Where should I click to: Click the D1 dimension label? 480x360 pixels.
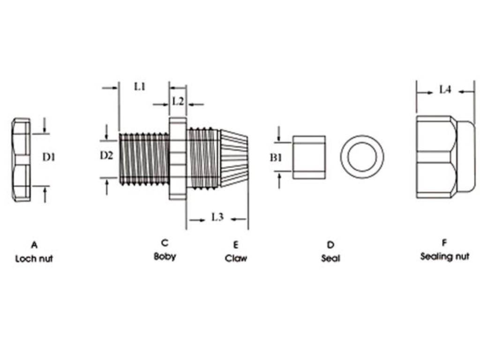click(49, 157)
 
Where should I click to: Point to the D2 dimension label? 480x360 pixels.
click(106, 156)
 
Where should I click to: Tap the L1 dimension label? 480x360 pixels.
click(140, 86)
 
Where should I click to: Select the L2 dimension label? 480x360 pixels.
click(178, 101)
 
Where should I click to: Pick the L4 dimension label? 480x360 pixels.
click(445, 90)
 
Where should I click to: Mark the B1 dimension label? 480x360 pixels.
click(276, 157)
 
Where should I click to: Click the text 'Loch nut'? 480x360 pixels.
click(34, 259)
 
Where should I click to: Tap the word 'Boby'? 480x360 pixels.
click(165, 256)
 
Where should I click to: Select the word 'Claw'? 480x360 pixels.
click(236, 258)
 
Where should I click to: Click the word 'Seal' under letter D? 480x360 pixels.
click(330, 258)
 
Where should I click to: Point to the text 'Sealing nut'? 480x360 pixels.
click(444, 256)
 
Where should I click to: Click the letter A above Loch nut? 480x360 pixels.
click(34, 245)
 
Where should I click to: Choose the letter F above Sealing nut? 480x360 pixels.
click(444, 243)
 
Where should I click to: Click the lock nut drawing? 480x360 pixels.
click(21, 160)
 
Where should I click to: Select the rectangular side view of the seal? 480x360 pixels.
click(309, 157)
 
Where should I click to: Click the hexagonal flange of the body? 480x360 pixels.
click(178, 158)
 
